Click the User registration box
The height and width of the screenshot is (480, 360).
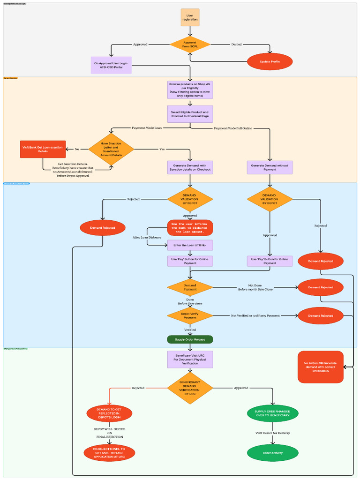pos(190,17)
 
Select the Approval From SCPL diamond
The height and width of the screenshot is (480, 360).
pos(190,45)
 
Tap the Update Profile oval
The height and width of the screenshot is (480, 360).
pos(270,62)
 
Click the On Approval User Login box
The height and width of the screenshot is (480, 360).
pos(112,65)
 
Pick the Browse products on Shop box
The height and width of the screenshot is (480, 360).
pos(190,90)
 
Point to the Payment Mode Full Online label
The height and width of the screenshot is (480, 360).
pos(233,128)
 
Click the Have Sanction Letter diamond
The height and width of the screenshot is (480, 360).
pos(111,149)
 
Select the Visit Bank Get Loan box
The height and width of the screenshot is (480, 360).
pos(43,149)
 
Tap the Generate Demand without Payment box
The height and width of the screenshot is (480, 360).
pos(270,167)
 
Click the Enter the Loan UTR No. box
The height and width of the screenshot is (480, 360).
pos(190,245)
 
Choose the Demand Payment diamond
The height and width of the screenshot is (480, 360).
pos(190,287)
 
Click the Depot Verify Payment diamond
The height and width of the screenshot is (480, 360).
pos(190,315)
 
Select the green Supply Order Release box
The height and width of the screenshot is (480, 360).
pos(190,339)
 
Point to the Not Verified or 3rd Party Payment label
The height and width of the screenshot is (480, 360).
pos(255,315)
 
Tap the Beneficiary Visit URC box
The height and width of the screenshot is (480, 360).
pos(190,359)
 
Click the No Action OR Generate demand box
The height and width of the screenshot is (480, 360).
pos(321,367)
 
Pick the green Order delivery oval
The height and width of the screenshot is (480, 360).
pos(272,453)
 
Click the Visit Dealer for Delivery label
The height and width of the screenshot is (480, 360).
pos(272,433)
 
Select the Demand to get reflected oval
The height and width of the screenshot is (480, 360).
pos(109,413)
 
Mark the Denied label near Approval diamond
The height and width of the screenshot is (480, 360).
pos(237,45)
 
